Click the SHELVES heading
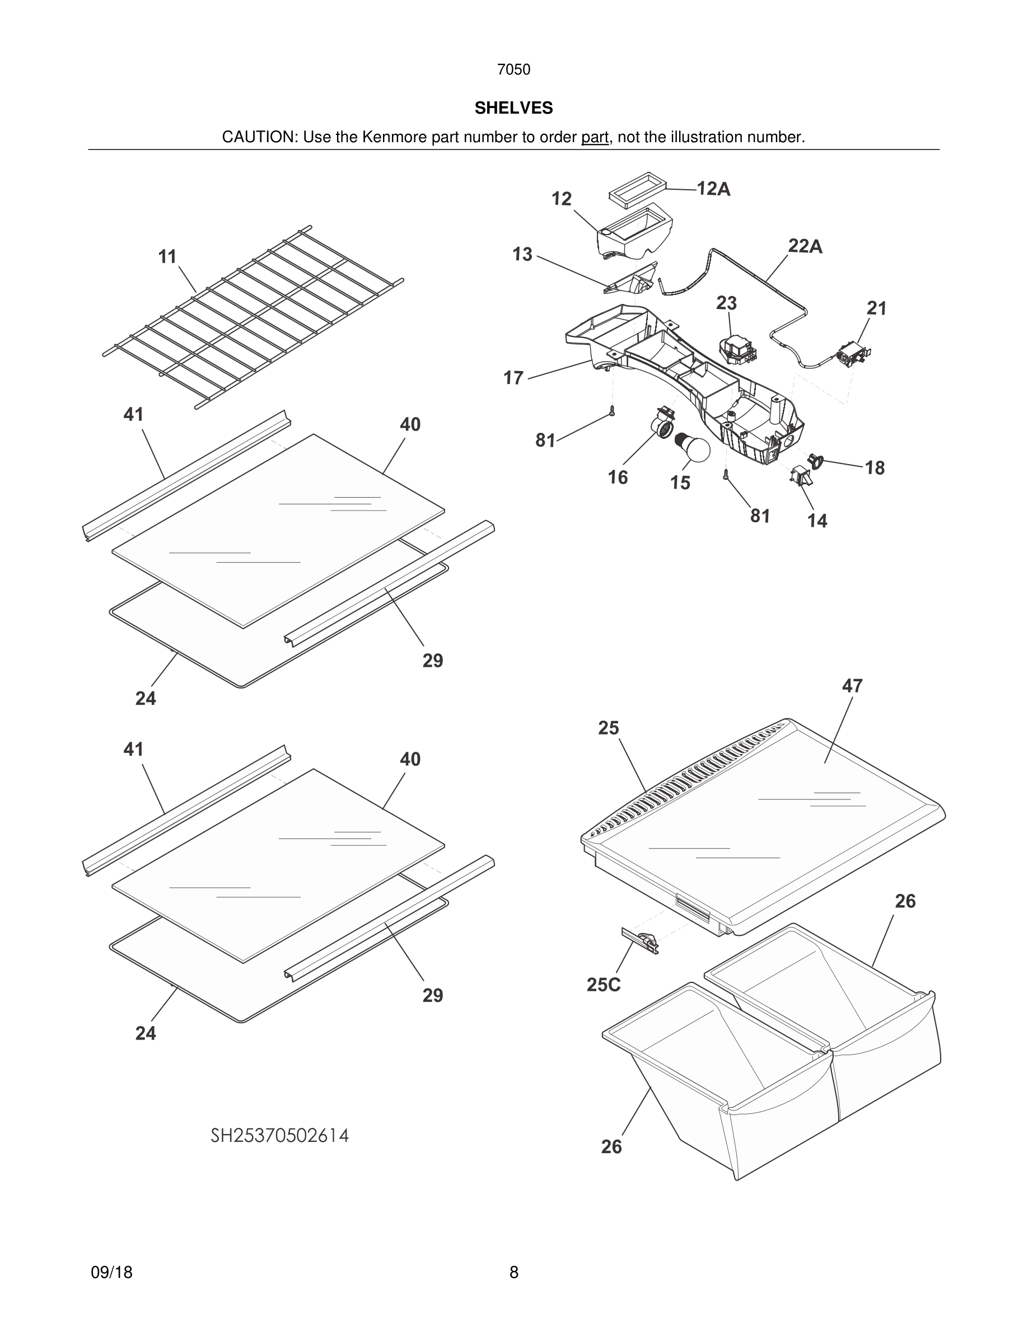pyautogui.click(x=513, y=108)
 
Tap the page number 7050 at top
pyautogui.click(x=513, y=69)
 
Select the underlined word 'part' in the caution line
pyautogui.click(x=595, y=137)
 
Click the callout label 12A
pyautogui.click(x=713, y=189)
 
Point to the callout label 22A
pyautogui.click(x=805, y=246)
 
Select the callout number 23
pyautogui.click(x=726, y=303)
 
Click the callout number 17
pyautogui.click(x=513, y=378)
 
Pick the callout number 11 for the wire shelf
pyautogui.click(x=167, y=256)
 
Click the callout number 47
pyautogui.click(x=852, y=686)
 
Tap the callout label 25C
pyautogui.click(x=603, y=985)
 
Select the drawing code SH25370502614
pyautogui.click(x=279, y=1136)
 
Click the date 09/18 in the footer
pyautogui.click(x=111, y=1272)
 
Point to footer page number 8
pyautogui.click(x=513, y=1272)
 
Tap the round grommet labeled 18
pyautogui.click(x=815, y=461)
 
